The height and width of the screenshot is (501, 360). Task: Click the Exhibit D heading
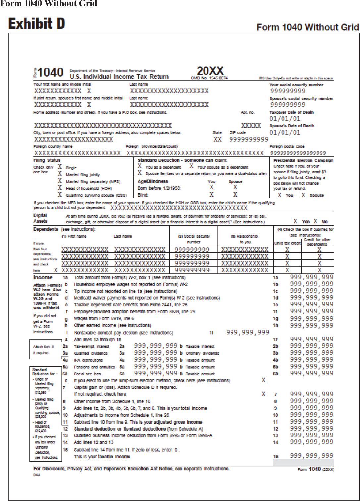(36, 24)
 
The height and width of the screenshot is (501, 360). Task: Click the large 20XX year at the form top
(210, 71)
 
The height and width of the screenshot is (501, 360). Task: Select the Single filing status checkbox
(60, 167)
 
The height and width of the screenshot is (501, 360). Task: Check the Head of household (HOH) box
(60, 188)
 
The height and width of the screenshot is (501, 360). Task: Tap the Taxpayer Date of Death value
(284, 119)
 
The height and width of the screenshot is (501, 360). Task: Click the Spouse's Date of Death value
(284, 132)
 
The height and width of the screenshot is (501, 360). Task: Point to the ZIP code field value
(248, 139)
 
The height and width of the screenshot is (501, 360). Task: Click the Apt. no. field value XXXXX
(251, 126)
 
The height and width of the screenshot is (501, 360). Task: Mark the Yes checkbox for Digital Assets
(295, 221)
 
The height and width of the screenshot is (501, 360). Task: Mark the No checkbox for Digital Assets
(315, 221)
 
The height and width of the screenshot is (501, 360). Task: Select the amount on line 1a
(311, 277)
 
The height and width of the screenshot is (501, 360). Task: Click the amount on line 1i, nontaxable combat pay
(247, 332)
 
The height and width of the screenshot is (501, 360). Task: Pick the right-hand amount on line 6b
(311, 373)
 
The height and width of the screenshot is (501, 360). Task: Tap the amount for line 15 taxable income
(311, 456)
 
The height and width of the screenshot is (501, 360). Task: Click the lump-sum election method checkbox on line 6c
(263, 380)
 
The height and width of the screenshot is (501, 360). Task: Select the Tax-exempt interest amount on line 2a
(155, 346)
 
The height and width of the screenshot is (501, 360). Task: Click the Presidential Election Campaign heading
(303, 160)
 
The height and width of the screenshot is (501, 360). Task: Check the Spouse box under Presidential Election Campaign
(303, 195)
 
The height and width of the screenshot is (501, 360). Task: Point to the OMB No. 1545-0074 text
(209, 78)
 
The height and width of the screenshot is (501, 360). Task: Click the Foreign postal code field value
(298, 153)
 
